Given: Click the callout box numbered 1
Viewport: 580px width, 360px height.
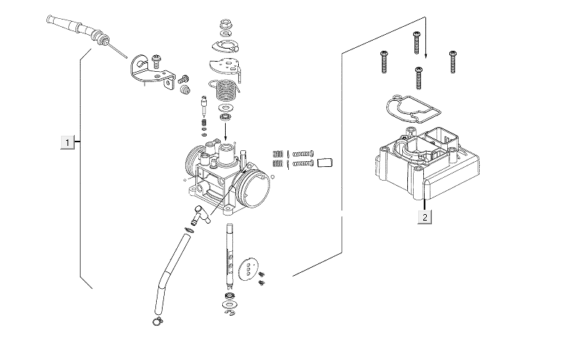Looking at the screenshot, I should pos(68,142).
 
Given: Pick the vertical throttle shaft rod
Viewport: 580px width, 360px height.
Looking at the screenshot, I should pos(229,254).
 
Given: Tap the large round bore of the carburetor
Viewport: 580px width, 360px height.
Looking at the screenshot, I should pos(258,190).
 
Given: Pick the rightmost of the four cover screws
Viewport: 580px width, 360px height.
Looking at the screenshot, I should pos(453,61).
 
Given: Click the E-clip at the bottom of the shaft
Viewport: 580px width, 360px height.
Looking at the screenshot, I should pos(230,314).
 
